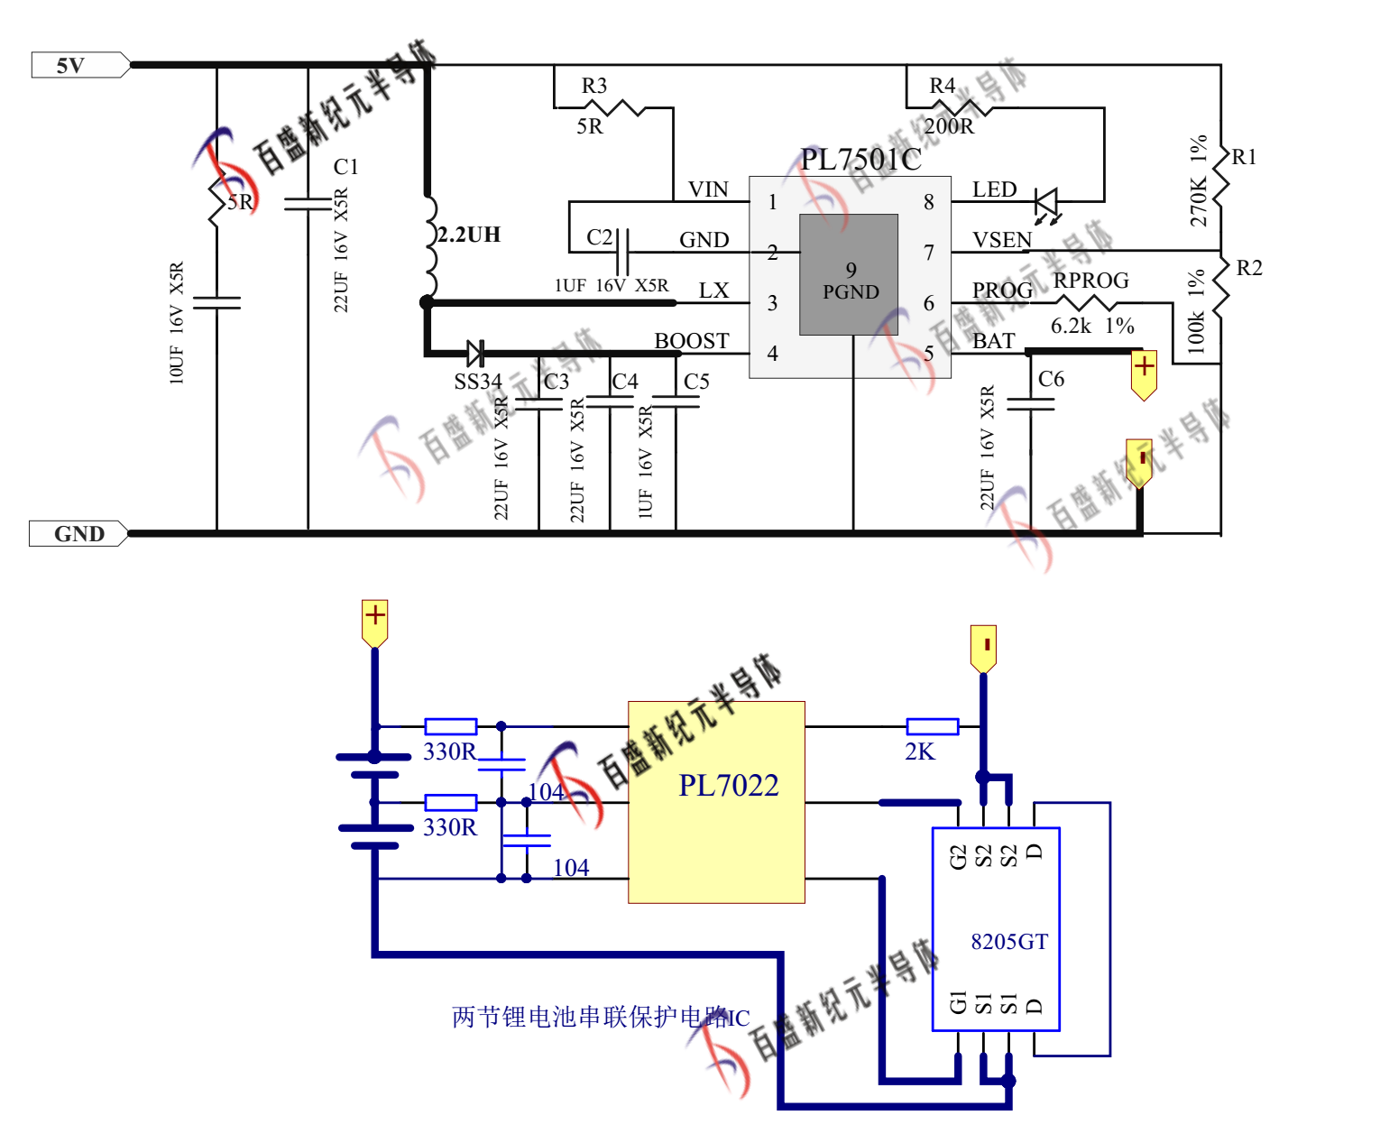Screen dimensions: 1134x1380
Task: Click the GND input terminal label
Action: tap(78, 533)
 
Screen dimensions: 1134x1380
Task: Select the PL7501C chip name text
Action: tap(860, 160)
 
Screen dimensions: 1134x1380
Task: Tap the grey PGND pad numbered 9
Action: tap(849, 275)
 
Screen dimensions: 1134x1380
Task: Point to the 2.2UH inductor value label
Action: tap(469, 235)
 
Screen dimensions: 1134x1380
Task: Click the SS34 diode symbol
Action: tap(475, 353)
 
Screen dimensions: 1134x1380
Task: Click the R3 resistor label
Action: tap(593, 86)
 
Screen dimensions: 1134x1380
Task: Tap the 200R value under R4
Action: tap(949, 126)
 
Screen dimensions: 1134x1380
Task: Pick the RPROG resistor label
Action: tap(1091, 281)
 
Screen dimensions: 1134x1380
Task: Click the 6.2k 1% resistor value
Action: tap(1092, 326)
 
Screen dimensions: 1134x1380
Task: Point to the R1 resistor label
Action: tap(1244, 157)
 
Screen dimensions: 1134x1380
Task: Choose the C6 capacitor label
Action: tap(1051, 379)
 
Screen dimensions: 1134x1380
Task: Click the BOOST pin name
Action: tap(692, 341)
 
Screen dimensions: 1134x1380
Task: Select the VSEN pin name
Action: tap(1002, 240)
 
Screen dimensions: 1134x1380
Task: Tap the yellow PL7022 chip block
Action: tap(716, 802)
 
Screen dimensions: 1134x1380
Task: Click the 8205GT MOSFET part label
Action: tap(1009, 942)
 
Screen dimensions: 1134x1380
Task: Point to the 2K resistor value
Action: tap(920, 751)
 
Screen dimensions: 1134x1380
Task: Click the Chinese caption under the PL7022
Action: tap(601, 1018)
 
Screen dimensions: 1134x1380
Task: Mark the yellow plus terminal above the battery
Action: tap(374, 620)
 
